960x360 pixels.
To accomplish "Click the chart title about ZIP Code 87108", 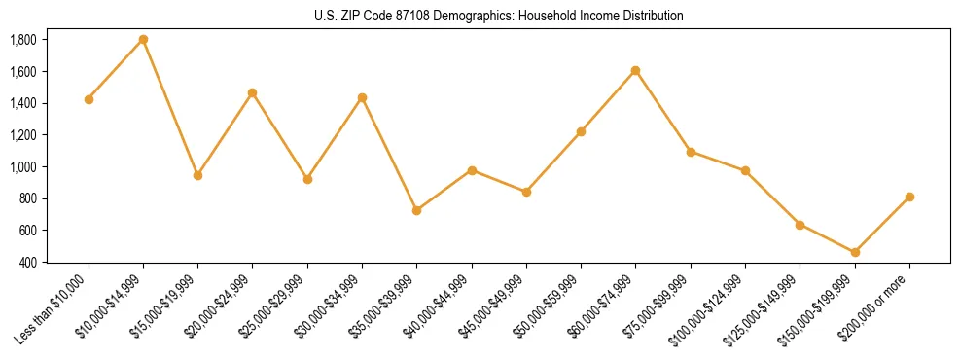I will pyautogui.click(x=499, y=16).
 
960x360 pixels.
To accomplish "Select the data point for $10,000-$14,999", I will pyautogui.click(x=143, y=39).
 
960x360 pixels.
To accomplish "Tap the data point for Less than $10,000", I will pyautogui.click(x=89, y=99).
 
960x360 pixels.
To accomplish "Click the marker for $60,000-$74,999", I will pyautogui.click(x=635, y=70).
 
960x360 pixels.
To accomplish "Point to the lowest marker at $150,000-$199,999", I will pyautogui.click(x=854, y=252).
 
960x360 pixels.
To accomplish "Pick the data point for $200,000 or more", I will pyautogui.click(x=908, y=197).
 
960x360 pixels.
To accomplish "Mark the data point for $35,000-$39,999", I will pyautogui.click(x=416, y=210).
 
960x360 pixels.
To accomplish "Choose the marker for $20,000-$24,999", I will pyautogui.click(x=253, y=92).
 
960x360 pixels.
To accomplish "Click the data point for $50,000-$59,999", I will pyautogui.click(x=581, y=131).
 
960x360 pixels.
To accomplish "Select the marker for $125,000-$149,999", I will pyautogui.click(x=800, y=225).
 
